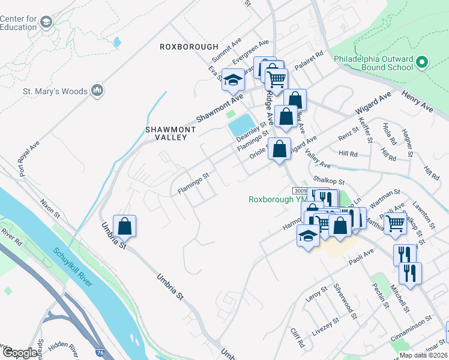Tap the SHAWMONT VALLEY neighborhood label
point(166,133)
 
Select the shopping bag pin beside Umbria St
point(124,227)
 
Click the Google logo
point(20,353)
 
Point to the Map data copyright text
point(423,355)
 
